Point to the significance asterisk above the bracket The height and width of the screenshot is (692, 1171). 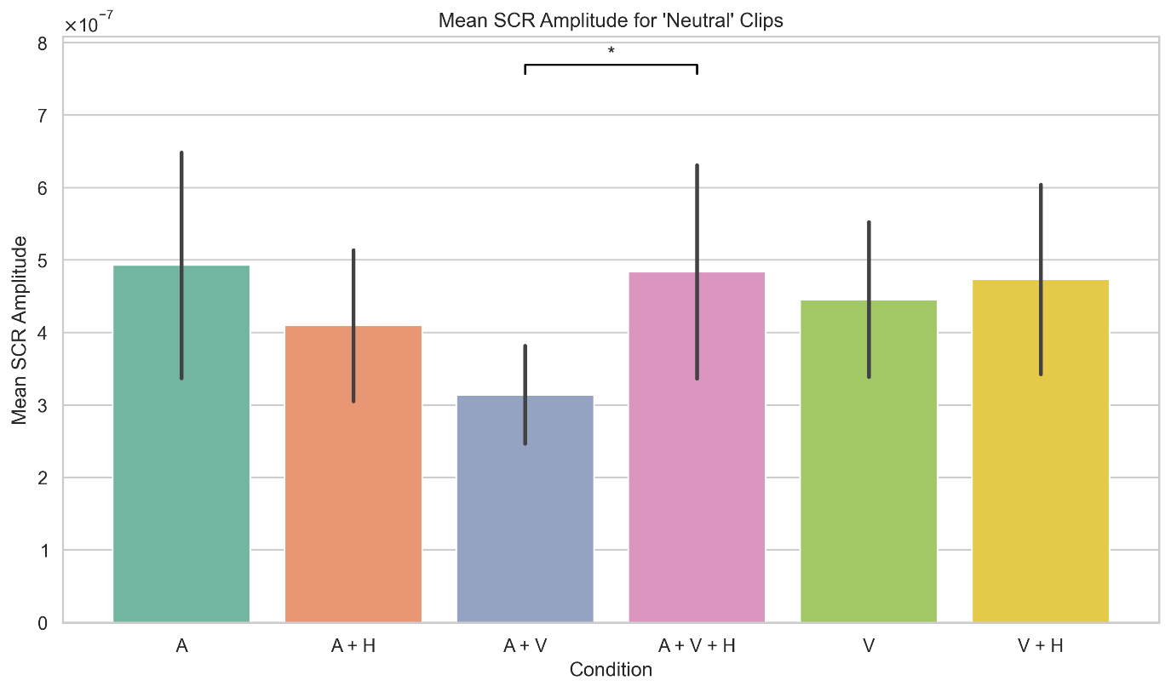(x=611, y=51)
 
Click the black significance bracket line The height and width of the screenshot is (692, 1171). (x=611, y=65)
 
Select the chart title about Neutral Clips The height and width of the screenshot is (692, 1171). (x=611, y=22)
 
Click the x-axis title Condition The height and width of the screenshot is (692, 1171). (x=611, y=670)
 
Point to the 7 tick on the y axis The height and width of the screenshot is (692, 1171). (x=43, y=115)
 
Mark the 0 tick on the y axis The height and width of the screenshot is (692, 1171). (x=43, y=623)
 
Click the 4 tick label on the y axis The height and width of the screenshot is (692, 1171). (x=43, y=333)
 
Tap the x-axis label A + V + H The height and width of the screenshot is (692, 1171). (x=697, y=646)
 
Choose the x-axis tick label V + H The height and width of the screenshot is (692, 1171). (x=1040, y=646)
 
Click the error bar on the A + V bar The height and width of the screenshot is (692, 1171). (x=525, y=375)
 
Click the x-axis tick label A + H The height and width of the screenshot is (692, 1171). (x=353, y=646)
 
